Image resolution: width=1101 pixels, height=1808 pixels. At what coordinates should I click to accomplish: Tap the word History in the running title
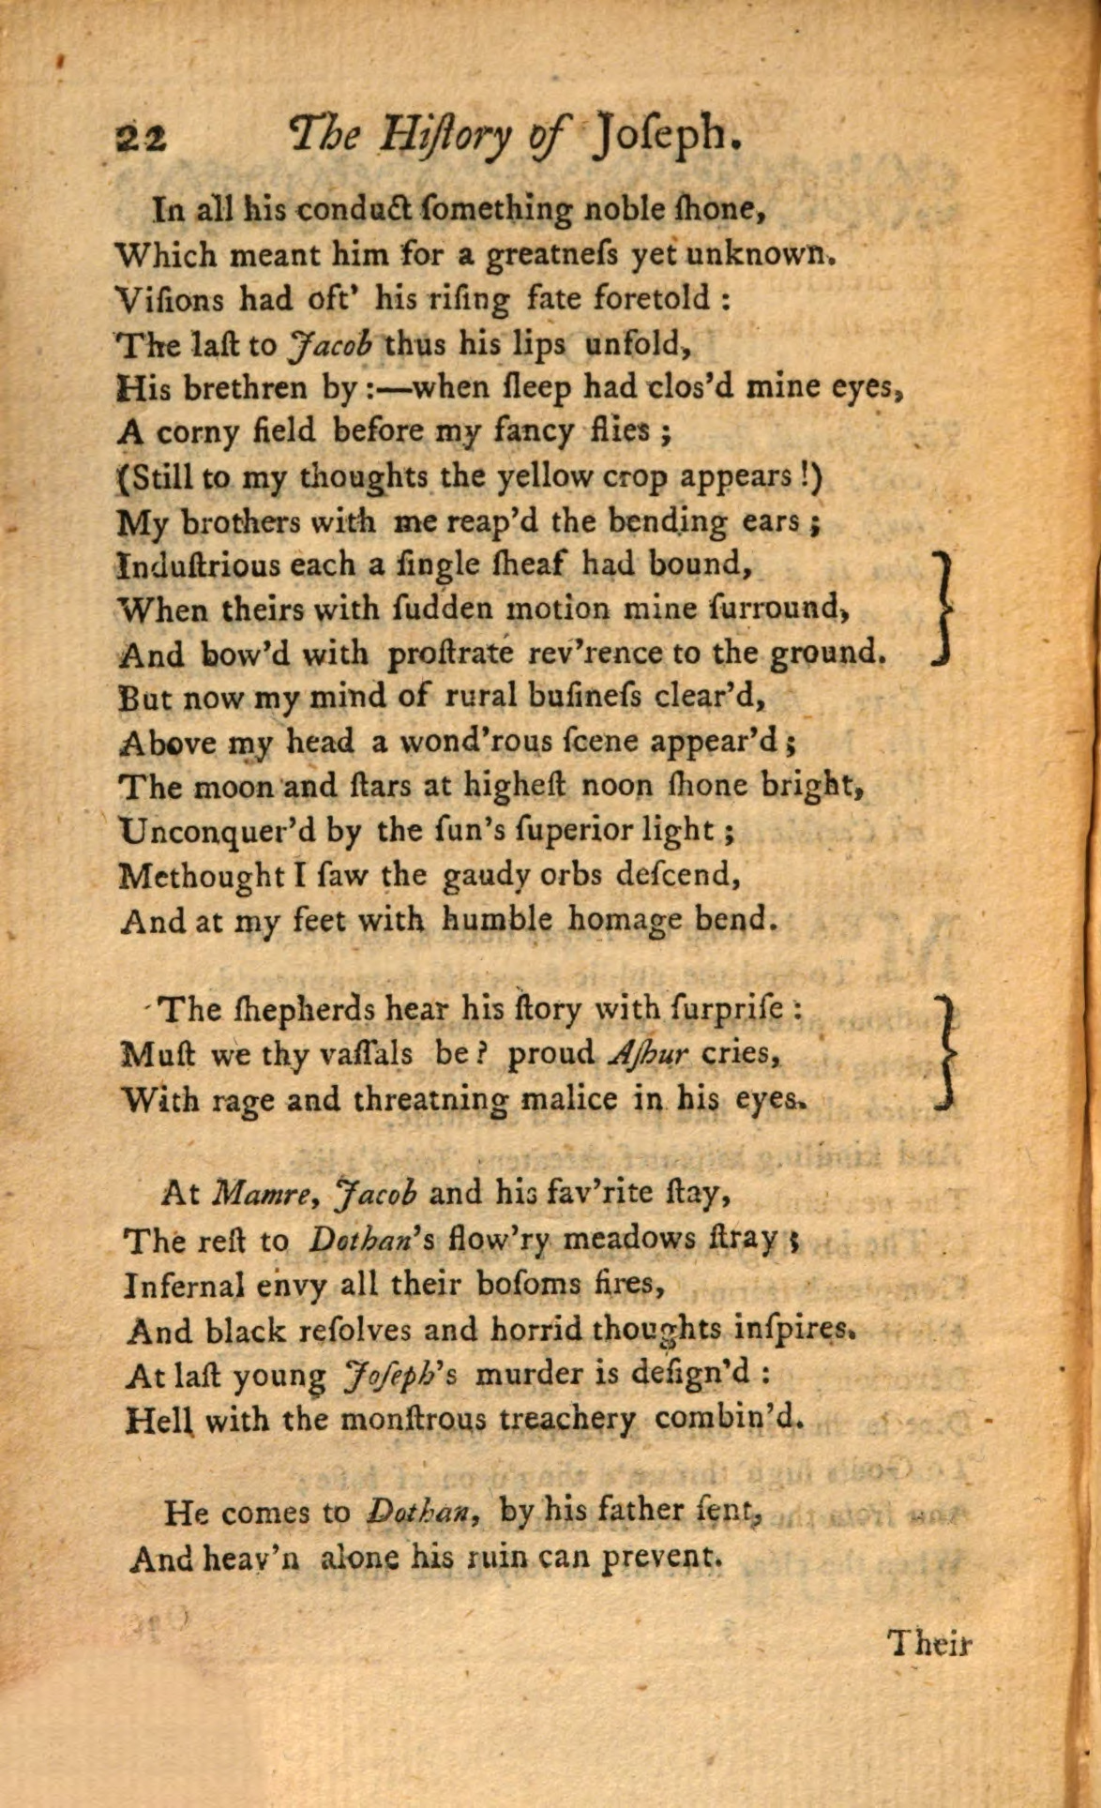pyautogui.click(x=445, y=137)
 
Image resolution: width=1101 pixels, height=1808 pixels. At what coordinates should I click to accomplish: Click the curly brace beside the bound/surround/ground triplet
pyautogui.click(x=944, y=609)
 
